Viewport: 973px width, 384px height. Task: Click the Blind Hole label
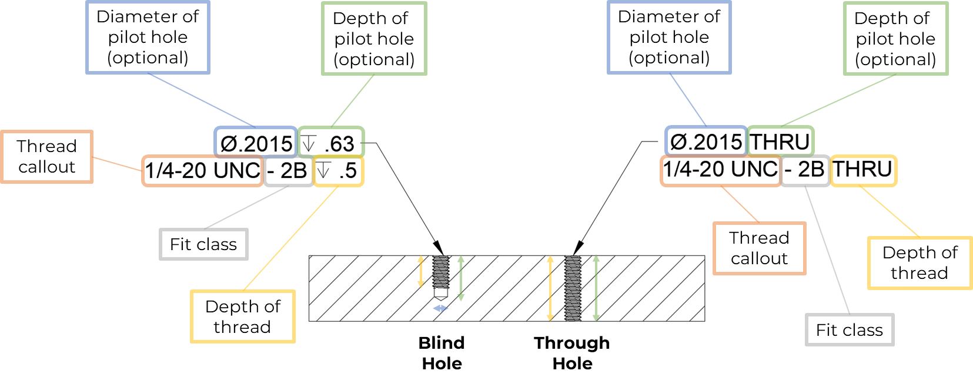pyautogui.click(x=442, y=352)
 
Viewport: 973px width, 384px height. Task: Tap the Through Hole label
pyautogui.click(x=572, y=352)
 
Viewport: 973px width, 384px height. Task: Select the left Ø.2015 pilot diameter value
pyautogui.click(x=256, y=143)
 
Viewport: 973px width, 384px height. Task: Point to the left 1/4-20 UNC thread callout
pyautogui.click(x=202, y=171)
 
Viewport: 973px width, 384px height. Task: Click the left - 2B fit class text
pyautogui.click(x=288, y=171)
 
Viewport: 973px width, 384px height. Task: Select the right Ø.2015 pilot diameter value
pyautogui.click(x=706, y=142)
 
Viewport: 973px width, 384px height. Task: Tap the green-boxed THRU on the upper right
pyautogui.click(x=780, y=142)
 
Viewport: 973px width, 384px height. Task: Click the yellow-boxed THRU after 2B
pyautogui.click(x=862, y=170)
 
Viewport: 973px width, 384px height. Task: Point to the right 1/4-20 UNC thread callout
pyautogui.click(x=721, y=170)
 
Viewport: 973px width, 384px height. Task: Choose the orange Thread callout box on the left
pyautogui.click(x=46, y=157)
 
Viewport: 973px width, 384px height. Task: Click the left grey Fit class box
pyautogui.click(x=203, y=244)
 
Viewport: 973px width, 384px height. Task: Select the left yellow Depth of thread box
pyautogui.click(x=243, y=316)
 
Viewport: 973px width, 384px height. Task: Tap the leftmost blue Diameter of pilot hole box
pyautogui.click(x=148, y=37)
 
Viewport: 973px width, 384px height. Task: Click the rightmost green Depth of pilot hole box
pyautogui.click(x=895, y=39)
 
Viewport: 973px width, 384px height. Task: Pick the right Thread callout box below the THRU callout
pyautogui.click(x=759, y=248)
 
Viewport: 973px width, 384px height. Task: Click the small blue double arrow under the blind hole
pyautogui.click(x=440, y=308)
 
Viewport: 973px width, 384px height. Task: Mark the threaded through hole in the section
pyautogui.click(x=573, y=288)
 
